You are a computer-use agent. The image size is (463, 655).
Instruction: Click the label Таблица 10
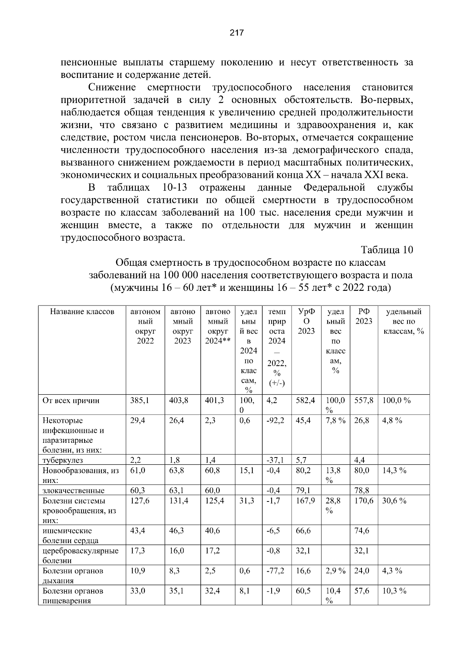(x=387, y=250)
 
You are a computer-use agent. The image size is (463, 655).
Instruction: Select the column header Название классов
(x=82, y=312)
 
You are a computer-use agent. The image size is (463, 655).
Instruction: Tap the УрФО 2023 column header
(x=306, y=321)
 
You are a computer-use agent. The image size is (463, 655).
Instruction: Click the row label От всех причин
(x=71, y=400)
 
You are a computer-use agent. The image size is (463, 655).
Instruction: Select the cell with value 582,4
(x=305, y=400)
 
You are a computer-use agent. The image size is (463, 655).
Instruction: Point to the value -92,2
(x=275, y=420)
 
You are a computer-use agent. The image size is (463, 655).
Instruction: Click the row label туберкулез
(x=63, y=460)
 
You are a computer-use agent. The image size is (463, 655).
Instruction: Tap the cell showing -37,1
(x=275, y=460)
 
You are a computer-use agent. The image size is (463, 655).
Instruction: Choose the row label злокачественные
(x=73, y=491)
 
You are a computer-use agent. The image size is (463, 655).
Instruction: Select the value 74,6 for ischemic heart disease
(x=362, y=531)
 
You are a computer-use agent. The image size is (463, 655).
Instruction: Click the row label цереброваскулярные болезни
(x=80, y=555)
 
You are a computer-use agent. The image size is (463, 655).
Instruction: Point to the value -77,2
(x=275, y=571)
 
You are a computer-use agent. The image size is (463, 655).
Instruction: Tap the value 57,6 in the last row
(x=362, y=591)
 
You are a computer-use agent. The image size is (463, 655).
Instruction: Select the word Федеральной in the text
(x=334, y=188)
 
